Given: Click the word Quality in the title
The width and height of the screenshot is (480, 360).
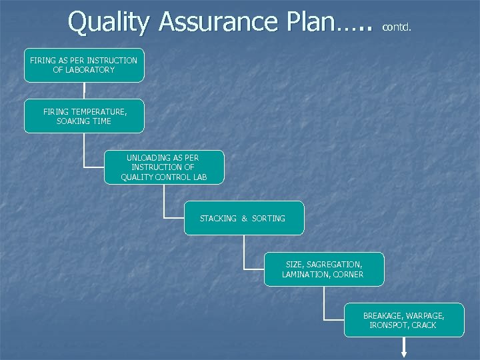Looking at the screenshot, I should point(109,22).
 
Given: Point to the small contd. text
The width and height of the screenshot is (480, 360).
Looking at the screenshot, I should point(397,28).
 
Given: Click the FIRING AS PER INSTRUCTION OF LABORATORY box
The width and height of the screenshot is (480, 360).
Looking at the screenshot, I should point(84,65).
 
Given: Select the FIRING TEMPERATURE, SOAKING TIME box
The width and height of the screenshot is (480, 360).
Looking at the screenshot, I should point(84,116).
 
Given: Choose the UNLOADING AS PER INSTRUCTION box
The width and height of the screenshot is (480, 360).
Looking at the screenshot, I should point(164,167).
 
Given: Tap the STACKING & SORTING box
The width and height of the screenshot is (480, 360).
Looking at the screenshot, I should point(244,218).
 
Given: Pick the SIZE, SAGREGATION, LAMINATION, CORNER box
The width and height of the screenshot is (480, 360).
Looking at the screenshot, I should point(324,269).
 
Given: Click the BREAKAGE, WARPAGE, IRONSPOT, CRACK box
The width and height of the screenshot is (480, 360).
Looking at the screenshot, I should point(404,320).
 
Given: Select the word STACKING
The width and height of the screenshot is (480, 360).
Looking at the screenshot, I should point(218,219).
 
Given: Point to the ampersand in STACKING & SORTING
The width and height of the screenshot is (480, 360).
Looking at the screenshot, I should point(244,219).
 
